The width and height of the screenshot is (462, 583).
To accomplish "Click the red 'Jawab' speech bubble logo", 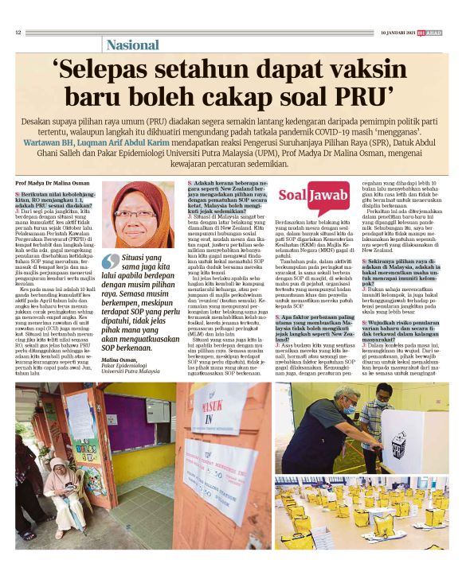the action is (x=328, y=195).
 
